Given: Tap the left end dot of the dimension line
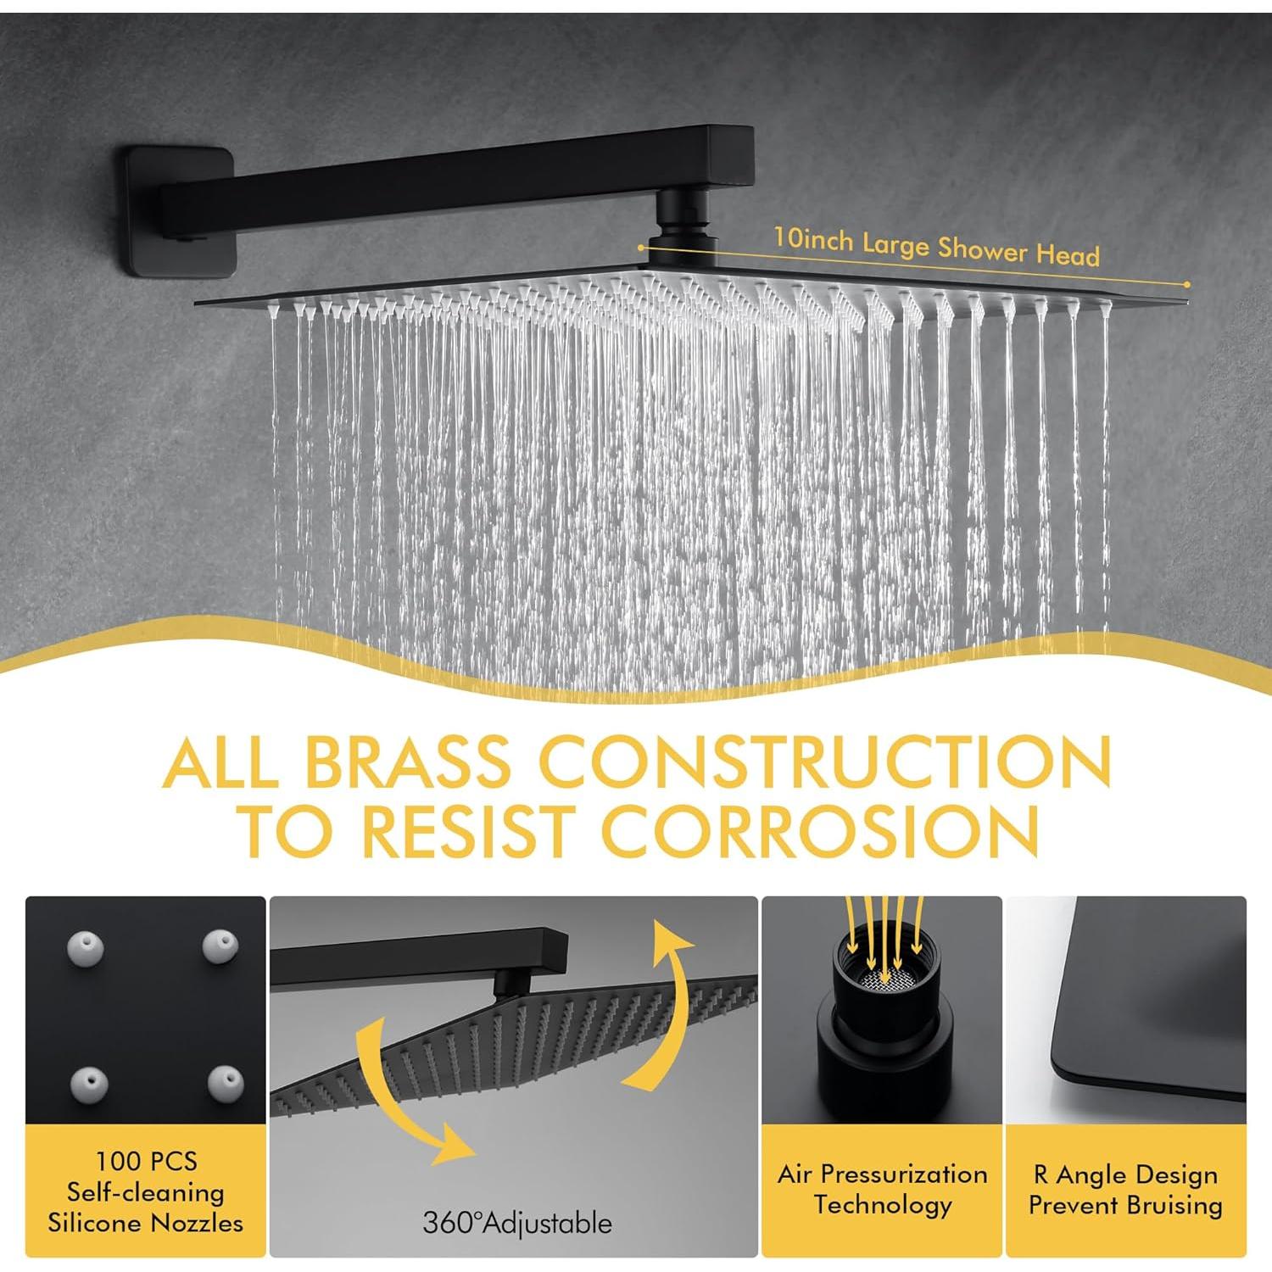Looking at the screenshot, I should coord(642,248).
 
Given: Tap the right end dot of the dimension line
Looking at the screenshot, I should coord(1187,284).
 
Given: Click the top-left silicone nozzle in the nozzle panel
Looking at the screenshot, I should coord(86,946).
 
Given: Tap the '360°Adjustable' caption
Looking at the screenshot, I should coord(516,1223).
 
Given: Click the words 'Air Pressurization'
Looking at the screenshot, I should coord(882,1174).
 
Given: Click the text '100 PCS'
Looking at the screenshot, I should coord(146,1161).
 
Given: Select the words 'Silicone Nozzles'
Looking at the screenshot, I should coord(145,1223).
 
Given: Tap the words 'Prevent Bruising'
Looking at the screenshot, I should coord(1125,1205).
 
